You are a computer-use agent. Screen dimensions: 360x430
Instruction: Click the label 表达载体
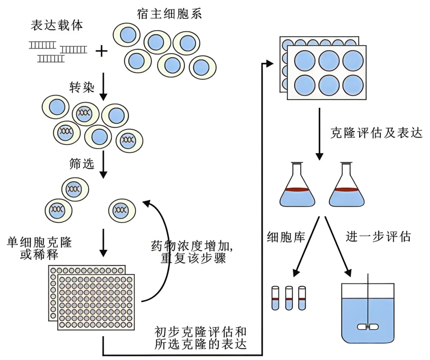(57, 25)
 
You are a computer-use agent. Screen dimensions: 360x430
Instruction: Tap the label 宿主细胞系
(169, 14)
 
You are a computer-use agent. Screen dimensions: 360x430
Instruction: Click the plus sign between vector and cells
(102, 51)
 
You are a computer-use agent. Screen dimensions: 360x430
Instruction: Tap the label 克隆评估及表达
(376, 133)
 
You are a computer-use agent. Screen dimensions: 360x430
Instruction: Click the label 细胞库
(286, 237)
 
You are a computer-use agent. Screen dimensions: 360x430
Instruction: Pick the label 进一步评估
(378, 237)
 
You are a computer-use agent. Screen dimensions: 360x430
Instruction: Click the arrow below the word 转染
(103, 86)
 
